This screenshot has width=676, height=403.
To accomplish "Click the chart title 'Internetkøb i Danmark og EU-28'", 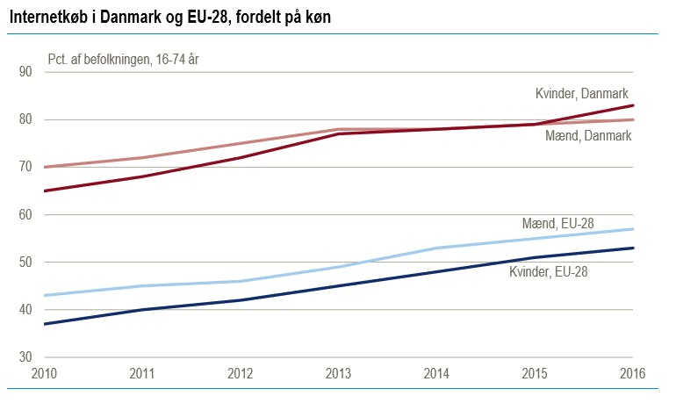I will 169,17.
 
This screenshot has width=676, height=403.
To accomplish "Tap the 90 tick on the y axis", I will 25,72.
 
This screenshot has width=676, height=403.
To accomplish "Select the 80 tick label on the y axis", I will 25,119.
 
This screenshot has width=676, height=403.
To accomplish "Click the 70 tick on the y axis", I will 25,167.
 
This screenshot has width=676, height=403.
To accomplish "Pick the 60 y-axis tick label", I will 25,215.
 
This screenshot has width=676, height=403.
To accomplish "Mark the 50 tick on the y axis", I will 25,263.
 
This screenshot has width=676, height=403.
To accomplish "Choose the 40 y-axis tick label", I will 25,310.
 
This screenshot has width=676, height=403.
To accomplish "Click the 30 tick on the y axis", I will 25,357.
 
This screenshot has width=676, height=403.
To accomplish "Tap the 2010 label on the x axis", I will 44,373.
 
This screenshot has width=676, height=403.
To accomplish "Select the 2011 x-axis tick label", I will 141,373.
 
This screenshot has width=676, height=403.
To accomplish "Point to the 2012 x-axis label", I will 240,373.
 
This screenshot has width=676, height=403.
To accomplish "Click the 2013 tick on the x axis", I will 338,373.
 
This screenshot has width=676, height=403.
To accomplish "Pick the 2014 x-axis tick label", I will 436,373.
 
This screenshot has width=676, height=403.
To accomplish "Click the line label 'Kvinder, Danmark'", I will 581,94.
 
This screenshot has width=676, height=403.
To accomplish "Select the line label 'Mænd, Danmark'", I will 587,136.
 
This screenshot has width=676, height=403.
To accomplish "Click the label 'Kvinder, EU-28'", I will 549,272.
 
